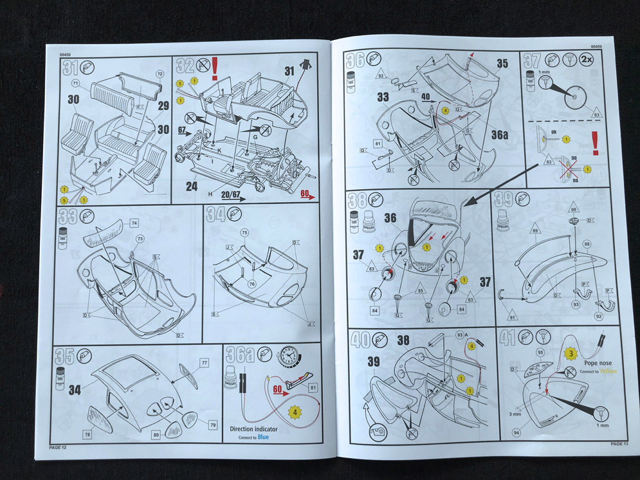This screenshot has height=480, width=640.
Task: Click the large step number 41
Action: coord(509,338)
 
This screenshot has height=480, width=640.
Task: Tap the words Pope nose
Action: coord(584,364)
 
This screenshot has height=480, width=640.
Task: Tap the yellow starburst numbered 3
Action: coord(569,353)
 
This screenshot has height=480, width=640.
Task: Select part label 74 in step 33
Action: coord(134,223)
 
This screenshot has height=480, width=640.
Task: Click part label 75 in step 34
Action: coord(244,232)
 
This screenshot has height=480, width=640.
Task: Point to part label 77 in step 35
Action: coord(205,363)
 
